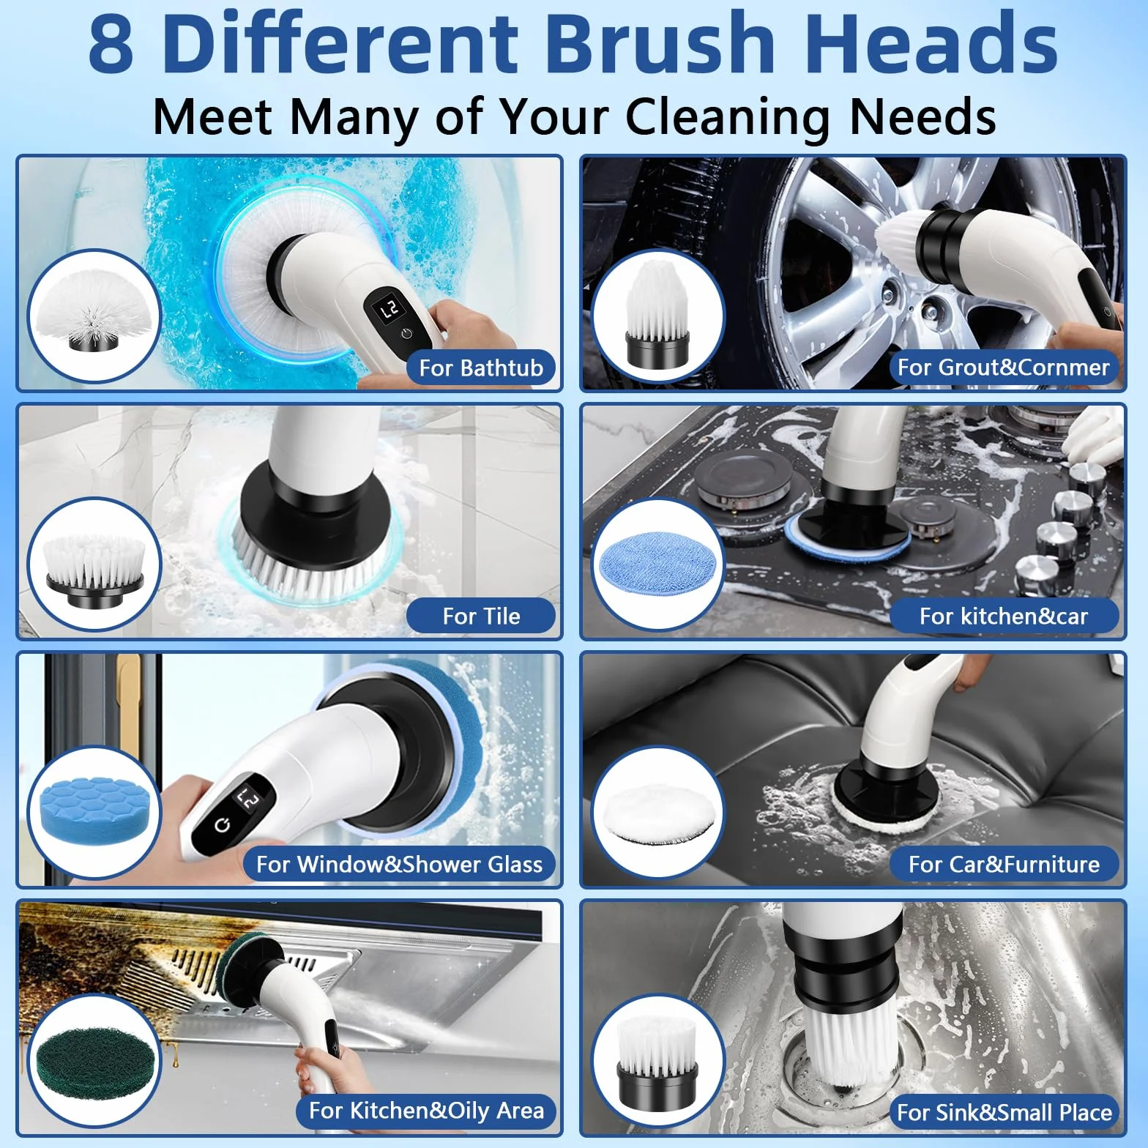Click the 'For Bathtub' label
481,368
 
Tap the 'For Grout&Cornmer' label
1003,367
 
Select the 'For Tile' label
481,616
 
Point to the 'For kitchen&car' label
1004,616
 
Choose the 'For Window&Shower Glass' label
399,864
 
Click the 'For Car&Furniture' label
1004,864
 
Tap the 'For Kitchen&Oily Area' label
426,1111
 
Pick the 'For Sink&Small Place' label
1004,1112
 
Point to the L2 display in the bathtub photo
389,308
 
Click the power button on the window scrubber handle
223,826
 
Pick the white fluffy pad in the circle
657,812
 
